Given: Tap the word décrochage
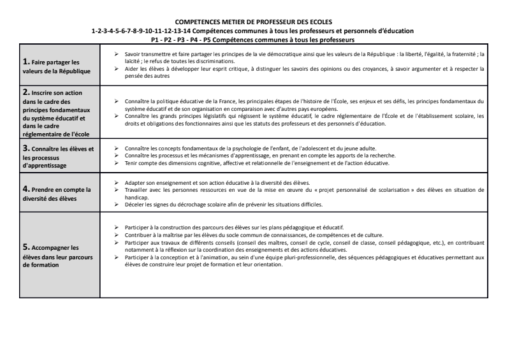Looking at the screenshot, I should point(185,205).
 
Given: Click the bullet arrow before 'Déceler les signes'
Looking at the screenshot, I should point(114,205).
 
